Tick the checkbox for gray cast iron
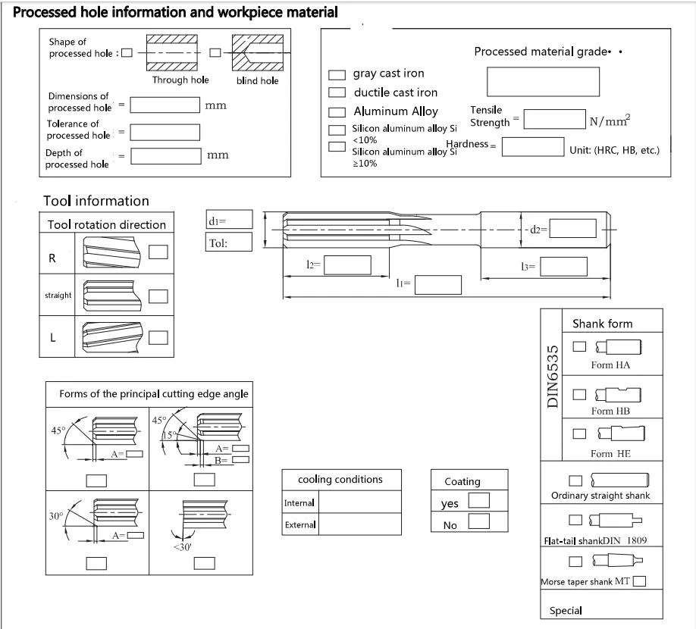(337, 75)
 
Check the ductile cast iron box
(337, 92)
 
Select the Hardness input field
(533, 146)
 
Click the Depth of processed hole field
(165, 155)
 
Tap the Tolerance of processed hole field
(165, 131)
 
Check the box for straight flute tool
(158, 296)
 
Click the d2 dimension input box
(573, 228)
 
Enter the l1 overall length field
(437, 284)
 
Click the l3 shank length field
(563, 266)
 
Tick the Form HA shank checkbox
(580, 346)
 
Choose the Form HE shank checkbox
(580, 433)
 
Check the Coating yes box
(478, 500)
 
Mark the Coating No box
(478, 521)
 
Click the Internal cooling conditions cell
(359, 502)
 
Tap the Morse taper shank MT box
(639, 582)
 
